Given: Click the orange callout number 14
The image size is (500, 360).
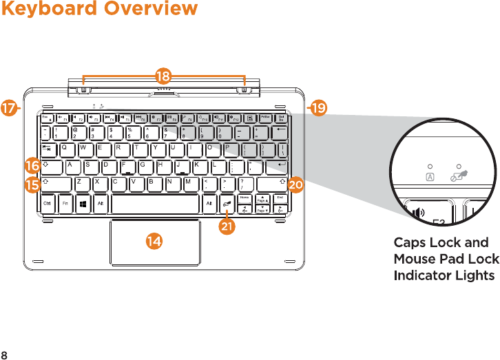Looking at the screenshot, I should point(155,240).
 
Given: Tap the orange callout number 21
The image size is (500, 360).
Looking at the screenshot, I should point(225,226).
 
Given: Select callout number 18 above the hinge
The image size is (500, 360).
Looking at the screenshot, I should point(163,74).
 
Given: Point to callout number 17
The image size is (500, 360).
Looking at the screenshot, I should point(10,108).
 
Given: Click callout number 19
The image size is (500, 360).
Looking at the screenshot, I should point(318,108).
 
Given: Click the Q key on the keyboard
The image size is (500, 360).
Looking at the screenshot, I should point(65,147).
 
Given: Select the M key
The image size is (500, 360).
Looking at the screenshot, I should point(187,182).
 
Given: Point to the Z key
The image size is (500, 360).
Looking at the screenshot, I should point(79,182).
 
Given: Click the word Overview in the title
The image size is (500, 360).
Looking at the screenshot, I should point(153,9).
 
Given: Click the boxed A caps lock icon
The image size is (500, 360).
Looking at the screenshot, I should point(430,177).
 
